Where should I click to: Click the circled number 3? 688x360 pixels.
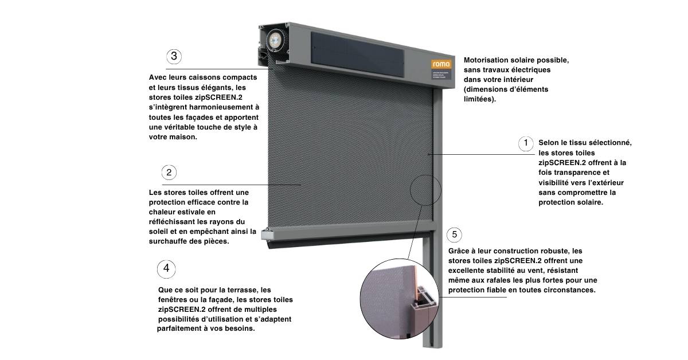[x=174, y=56]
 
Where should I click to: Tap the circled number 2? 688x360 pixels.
[x=168, y=172]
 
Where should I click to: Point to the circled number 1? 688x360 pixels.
[x=525, y=143]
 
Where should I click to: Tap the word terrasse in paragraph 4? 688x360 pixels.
[x=239, y=290]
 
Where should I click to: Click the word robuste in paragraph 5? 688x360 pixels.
[x=557, y=251]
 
